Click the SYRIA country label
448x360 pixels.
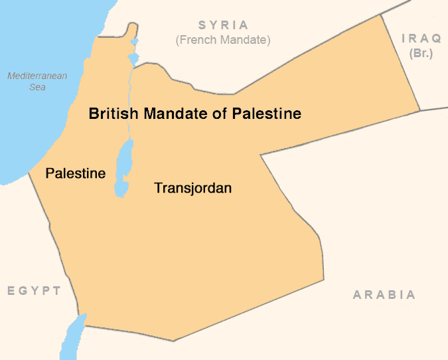click(223, 25)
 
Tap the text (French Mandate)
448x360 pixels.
click(223, 41)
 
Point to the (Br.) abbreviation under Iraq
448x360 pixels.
click(421, 53)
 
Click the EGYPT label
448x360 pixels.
click(34, 291)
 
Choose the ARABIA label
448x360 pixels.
click(384, 295)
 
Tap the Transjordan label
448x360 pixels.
click(192, 188)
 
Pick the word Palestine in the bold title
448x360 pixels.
click(266, 114)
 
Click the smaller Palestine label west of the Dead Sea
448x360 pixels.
click(75, 173)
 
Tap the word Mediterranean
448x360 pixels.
click(37, 76)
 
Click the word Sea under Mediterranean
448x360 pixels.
click(37, 87)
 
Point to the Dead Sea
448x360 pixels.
click(123, 169)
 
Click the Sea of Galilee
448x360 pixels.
click(133, 58)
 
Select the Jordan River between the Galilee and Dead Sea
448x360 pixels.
click(131, 100)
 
